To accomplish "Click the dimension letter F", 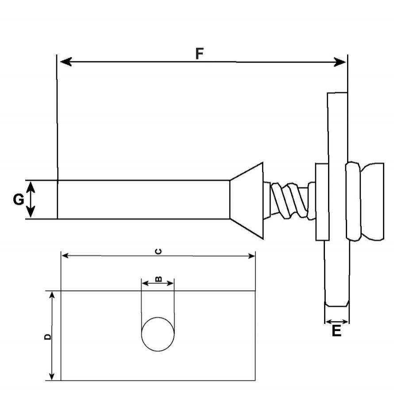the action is coord(200,54).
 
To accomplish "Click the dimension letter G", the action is coord(18,200).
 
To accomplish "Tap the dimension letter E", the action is coord(337,331).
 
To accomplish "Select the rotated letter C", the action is coord(158,251).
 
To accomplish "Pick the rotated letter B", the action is coord(158,279).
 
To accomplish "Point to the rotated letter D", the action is coord(47,337).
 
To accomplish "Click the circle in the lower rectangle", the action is coord(158,334).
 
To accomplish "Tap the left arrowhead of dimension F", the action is coord(66,62).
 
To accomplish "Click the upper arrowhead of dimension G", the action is coord(31,187).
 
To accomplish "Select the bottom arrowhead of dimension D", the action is coord(51,376).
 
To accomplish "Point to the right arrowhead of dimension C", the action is coord(251,256).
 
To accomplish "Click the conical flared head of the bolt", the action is coord(247,200).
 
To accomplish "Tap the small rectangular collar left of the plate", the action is coord(322,202).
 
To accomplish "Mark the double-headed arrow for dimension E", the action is coord(337,322).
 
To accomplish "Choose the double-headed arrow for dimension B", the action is coord(158,284).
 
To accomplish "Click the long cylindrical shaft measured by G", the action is coord(143,200).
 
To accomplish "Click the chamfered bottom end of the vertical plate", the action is coord(337,304).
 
